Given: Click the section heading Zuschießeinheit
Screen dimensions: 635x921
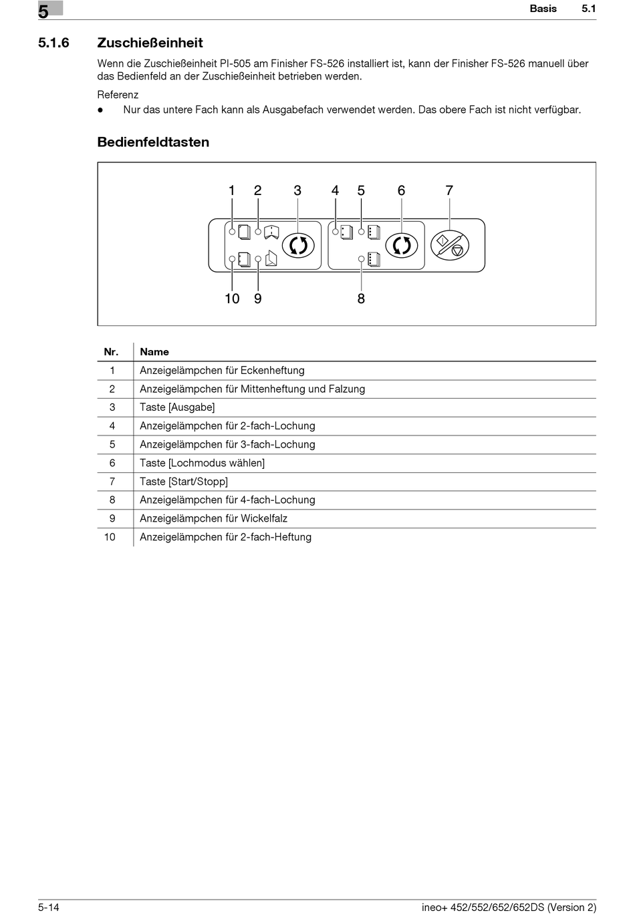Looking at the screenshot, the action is (150, 43).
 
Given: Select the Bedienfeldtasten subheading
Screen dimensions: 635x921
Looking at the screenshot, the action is (153, 142).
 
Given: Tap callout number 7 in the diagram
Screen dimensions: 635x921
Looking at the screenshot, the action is (449, 191).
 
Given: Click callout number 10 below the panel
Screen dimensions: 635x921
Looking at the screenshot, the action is (232, 299).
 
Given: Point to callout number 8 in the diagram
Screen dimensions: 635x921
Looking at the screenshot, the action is (361, 299).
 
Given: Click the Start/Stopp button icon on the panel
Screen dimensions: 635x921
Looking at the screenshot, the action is (450, 246).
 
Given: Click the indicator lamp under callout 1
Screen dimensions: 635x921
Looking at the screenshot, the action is (233, 232).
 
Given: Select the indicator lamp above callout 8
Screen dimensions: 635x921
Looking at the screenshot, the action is (362, 258).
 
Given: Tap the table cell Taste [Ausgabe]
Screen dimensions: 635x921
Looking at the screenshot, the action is (177, 407).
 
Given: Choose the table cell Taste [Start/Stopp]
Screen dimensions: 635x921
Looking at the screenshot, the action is (184, 482).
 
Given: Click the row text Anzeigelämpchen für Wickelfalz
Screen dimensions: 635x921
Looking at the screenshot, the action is (213, 518).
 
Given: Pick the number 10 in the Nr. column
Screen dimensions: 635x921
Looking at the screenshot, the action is (110, 537).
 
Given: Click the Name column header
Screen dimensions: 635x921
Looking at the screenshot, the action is (154, 352).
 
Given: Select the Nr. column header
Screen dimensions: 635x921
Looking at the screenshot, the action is (111, 352).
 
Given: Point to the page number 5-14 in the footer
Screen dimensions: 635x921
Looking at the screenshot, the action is (49, 907).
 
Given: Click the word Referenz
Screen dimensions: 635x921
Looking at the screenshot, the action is (118, 95).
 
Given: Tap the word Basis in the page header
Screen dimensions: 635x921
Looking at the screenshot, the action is (543, 9).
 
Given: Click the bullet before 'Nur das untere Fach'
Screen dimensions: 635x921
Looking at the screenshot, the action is (100, 110).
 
